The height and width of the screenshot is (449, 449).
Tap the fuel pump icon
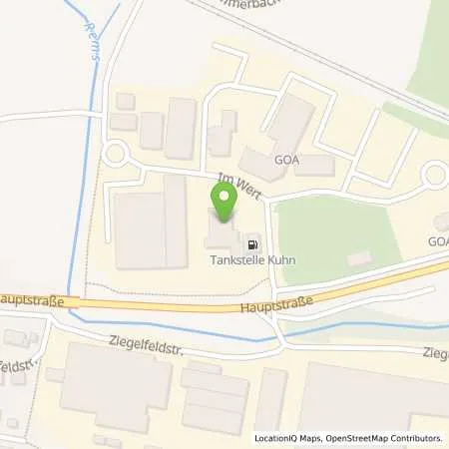click(252, 241)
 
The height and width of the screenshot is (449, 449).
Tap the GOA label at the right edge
click(438, 241)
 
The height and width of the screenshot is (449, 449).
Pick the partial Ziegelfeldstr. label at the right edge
click(435, 353)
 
